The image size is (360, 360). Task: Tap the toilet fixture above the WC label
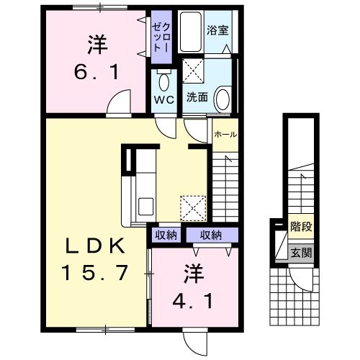163,78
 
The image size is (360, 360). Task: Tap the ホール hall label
225,134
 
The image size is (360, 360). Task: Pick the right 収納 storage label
211,234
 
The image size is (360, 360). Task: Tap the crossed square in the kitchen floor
192,208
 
